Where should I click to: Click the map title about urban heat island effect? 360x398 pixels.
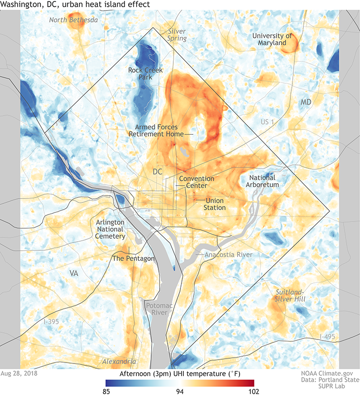74,4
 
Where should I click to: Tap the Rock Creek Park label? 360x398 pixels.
146,73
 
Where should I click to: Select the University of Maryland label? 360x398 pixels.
272,39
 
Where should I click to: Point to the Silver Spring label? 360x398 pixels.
176,35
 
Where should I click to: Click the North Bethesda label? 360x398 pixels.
73,20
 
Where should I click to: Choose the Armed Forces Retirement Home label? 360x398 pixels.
156,130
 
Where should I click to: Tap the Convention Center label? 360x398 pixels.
193,182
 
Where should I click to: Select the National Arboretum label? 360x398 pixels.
262,181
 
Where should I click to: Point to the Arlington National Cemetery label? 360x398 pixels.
111,229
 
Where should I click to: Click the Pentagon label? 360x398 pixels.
133,258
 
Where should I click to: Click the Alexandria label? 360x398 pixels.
118,361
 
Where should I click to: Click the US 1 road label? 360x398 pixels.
267,123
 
